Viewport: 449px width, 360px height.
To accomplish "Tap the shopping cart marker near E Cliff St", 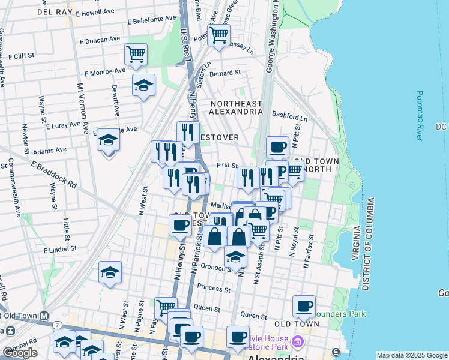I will click(136, 55).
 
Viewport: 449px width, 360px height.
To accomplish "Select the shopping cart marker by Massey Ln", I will click(219, 35).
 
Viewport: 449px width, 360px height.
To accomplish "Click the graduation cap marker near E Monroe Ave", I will click(143, 86).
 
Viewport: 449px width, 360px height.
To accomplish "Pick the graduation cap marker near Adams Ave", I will click(109, 140).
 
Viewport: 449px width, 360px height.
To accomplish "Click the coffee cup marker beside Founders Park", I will click(304, 307).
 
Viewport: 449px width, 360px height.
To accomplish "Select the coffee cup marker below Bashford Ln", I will click(277, 147).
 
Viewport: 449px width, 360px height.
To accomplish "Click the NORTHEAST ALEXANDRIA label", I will click(236, 107).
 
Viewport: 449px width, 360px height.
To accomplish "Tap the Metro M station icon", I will click(44, 316).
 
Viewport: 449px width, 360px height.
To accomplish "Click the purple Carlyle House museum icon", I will click(298, 342).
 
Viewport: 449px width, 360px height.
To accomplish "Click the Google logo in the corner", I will click(20, 353).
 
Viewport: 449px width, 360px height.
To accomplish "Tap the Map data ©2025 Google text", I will click(412, 355).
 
